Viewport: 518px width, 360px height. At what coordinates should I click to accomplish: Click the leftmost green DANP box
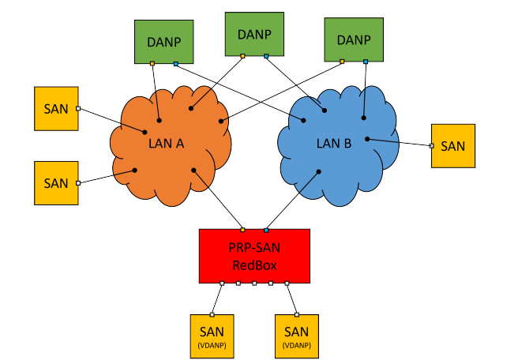pos(163,41)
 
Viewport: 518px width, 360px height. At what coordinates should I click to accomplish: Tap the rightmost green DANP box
pos(353,39)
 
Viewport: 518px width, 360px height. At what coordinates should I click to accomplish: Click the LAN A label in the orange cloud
pos(166,143)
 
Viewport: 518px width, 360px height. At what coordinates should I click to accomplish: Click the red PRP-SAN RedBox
pos(254,256)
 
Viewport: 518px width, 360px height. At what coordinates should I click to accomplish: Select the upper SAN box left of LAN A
pos(56,109)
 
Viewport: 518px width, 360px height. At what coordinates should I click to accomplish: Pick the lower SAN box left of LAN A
pos(56,182)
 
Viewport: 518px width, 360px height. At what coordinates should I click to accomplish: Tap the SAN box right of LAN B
pos(453,145)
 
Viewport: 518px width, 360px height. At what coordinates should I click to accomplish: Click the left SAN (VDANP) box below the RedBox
pos(212,336)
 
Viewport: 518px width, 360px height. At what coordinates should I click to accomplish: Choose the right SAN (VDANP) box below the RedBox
pos(296,336)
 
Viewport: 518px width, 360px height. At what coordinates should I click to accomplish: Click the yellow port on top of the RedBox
pos(242,230)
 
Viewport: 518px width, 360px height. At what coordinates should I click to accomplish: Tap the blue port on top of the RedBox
pos(266,230)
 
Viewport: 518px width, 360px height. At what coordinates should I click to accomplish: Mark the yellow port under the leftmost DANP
pos(152,63)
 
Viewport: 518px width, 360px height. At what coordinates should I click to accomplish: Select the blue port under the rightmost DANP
pos(366,61)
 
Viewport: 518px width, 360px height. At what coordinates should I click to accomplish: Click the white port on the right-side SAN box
pos(431,145)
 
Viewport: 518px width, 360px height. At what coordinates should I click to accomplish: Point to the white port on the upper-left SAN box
pos(78,109)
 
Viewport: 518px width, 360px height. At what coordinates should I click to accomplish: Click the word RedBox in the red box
pos(254,265)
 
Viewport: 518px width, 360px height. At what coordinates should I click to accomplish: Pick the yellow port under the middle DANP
pos(242,56)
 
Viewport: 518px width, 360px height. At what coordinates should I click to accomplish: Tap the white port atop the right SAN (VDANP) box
pos(296,314)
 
